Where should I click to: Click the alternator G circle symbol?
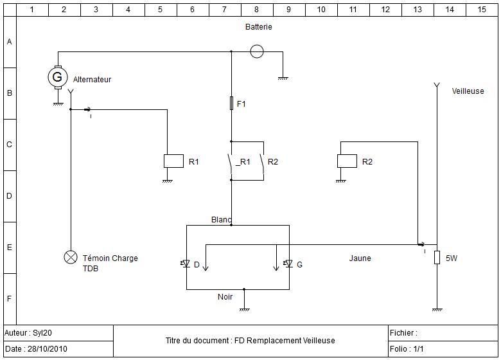tap(57, 77)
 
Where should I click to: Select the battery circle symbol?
tap(256, 51)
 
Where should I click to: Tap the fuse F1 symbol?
tap(231, 104)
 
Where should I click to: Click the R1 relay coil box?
tap(173, 161)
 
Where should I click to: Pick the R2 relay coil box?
tap(347, 161)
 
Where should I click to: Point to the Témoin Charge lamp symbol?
tap(70, 258)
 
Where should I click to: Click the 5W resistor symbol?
tap(437, 258)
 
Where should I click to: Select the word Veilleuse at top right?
tap(468, 91)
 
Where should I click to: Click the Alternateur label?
tap(92, 80)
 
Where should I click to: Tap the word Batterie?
tap(259, 27)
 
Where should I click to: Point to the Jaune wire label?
tap(360, 258)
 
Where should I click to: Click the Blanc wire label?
tap(221, 220)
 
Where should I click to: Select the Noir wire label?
tap(225, 297)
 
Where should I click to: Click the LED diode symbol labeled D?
tap(185, 264)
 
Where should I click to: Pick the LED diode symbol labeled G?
tap(288, 264)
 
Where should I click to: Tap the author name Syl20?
tap(44, 333)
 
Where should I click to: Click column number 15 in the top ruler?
tap(482, 10)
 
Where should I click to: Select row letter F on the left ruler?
tap(9, 299)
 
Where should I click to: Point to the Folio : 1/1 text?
tap(407, 349)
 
